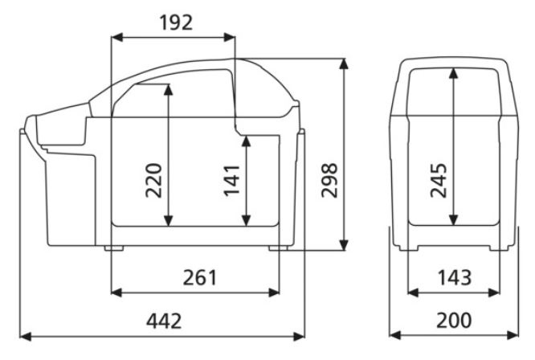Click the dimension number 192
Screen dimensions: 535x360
(x=176, y=22)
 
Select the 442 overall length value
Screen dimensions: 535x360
(x=164, y=321)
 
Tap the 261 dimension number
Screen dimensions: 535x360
(x=200, y=278)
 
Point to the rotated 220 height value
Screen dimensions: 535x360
(x=154, y=181)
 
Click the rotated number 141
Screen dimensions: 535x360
(x=232, y=180)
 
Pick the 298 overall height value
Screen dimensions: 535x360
(x=329, y=180)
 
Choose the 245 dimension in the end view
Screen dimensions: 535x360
(x=439, y=180)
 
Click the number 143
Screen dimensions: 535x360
(x=455, y=278)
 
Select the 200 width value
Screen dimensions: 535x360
(x=454, y=321)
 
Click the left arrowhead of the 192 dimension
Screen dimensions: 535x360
(x=117, y=37)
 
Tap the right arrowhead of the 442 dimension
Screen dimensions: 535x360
(x=299, y=337)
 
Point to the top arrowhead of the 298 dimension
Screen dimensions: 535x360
(x=344, y=64)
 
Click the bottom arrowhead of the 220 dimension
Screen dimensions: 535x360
(x=168, y=221)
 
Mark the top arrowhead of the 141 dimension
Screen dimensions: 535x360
(x=246, y=141)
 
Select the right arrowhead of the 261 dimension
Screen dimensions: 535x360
(x=274, y=292)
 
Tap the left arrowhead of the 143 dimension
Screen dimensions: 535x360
(x=414, y=292)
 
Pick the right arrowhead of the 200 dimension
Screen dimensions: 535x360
(x=513, y=335)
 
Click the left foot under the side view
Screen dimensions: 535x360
(x=114, y=248)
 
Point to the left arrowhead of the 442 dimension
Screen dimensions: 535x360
(x=26, y=337)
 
